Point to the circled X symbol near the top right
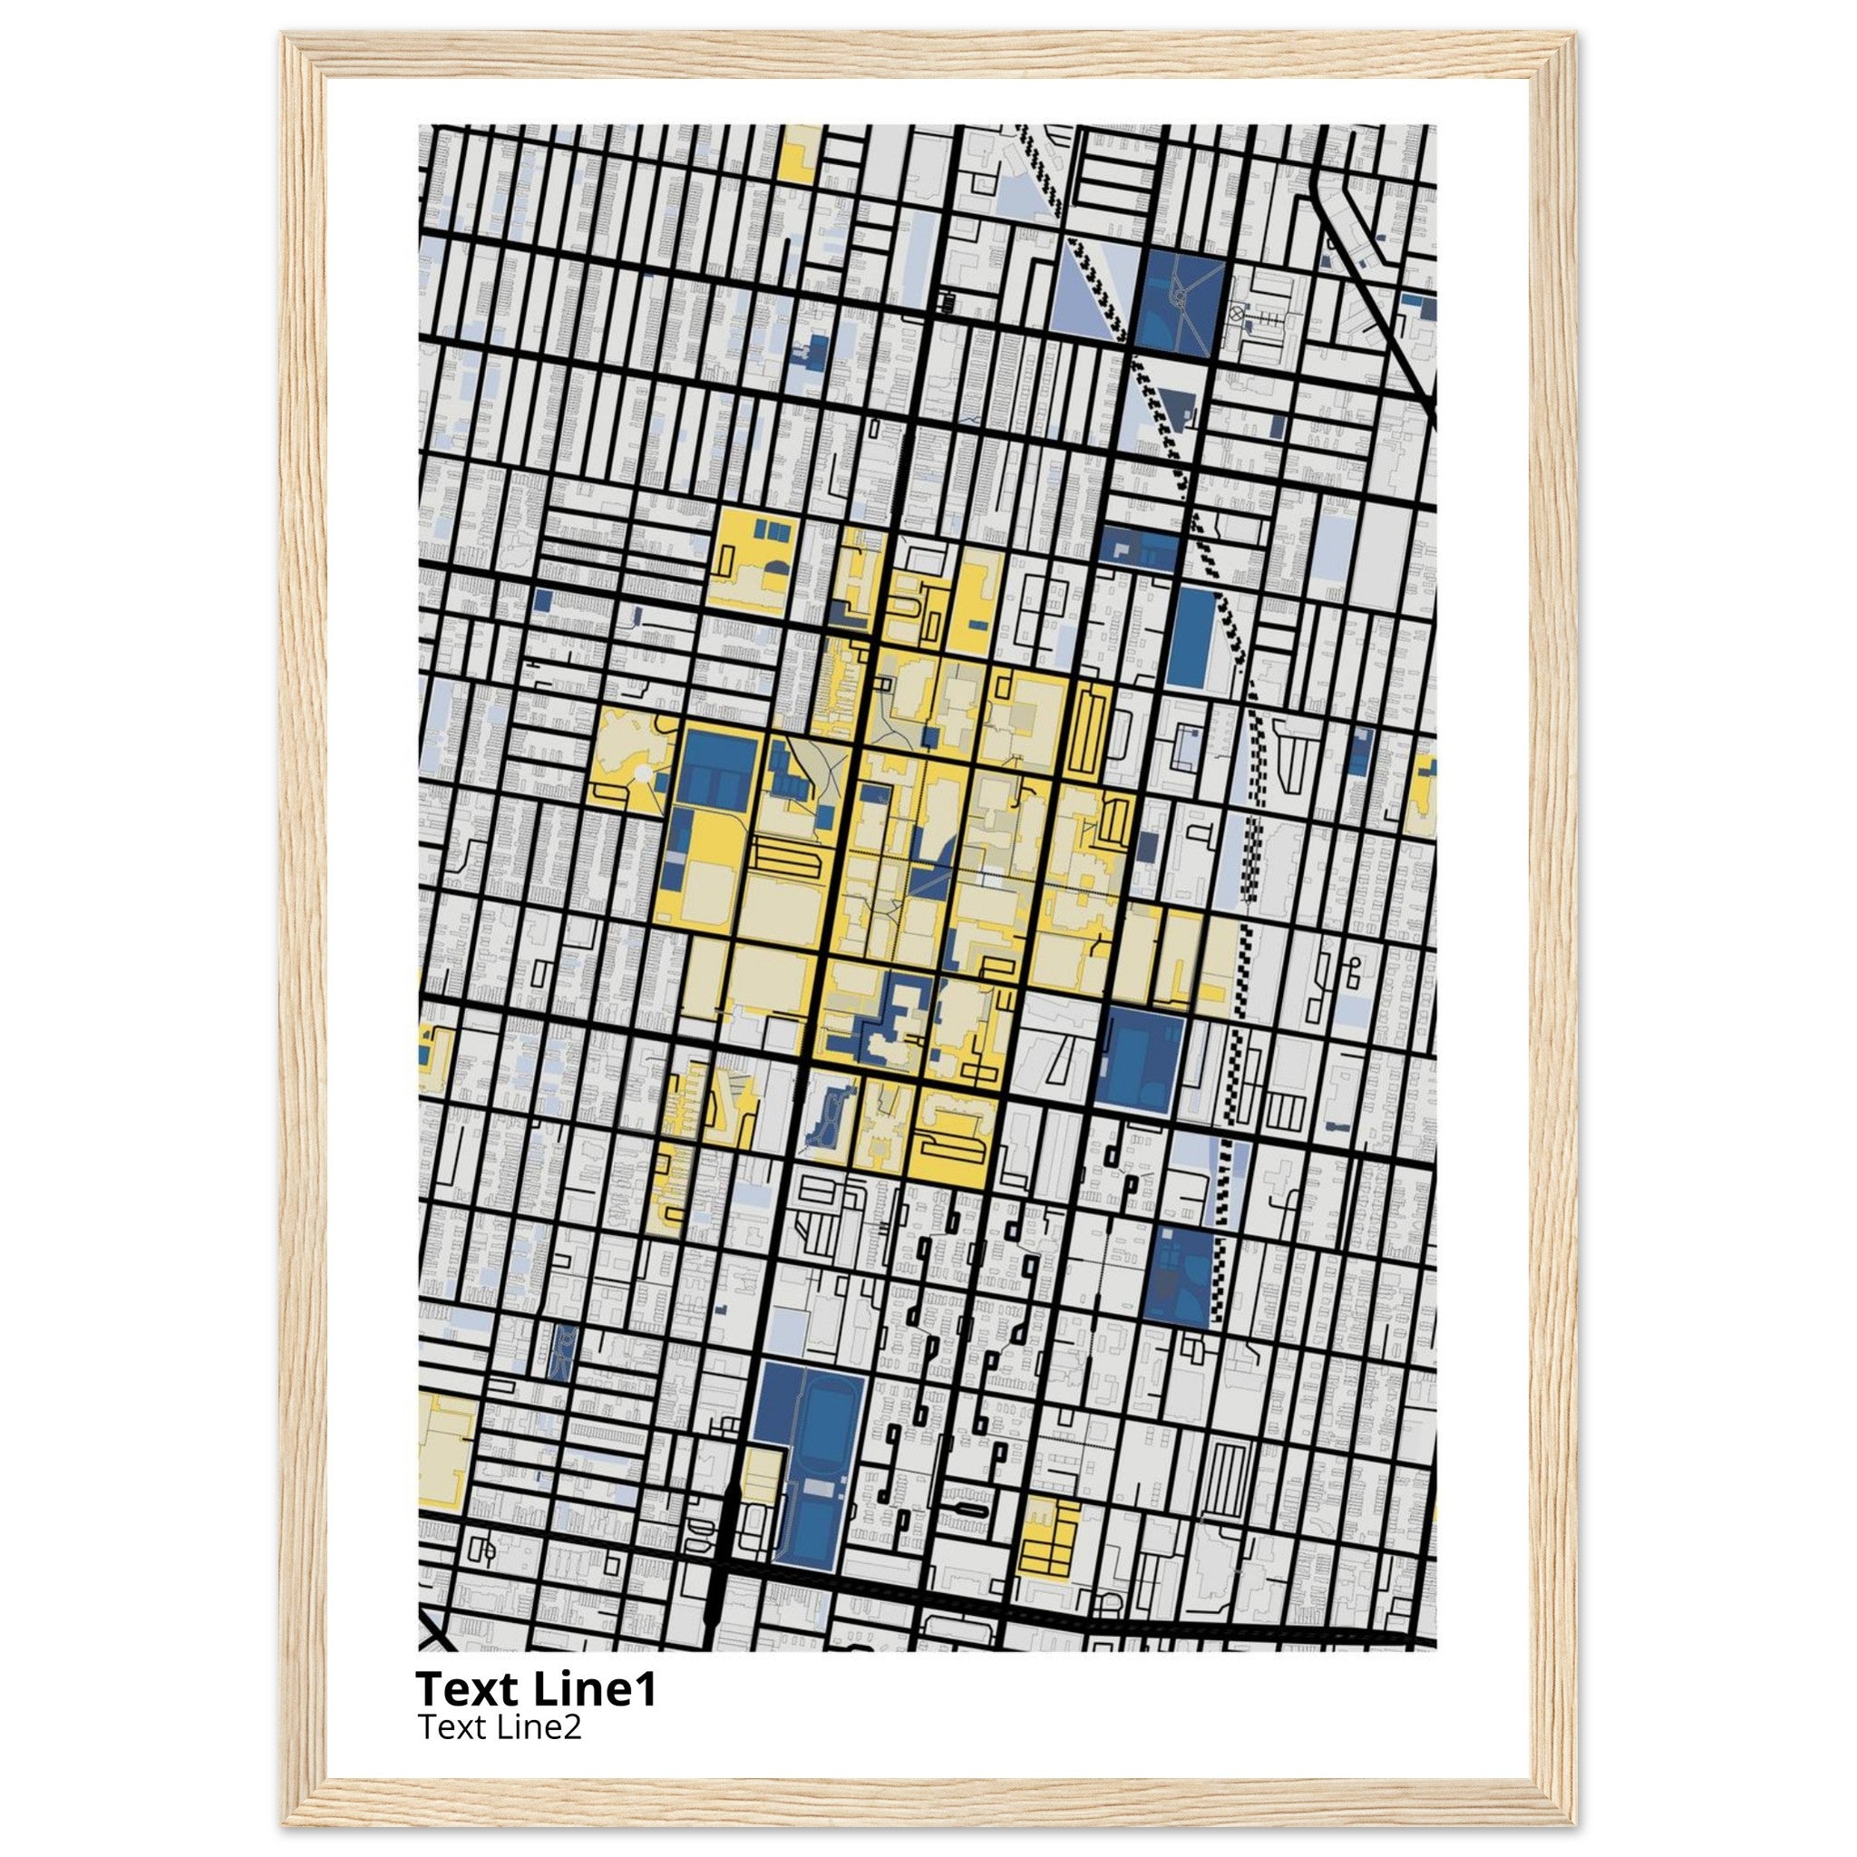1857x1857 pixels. (1236, 313)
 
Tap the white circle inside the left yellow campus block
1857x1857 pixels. (640, 772)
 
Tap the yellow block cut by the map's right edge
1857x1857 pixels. (1421, 793)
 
